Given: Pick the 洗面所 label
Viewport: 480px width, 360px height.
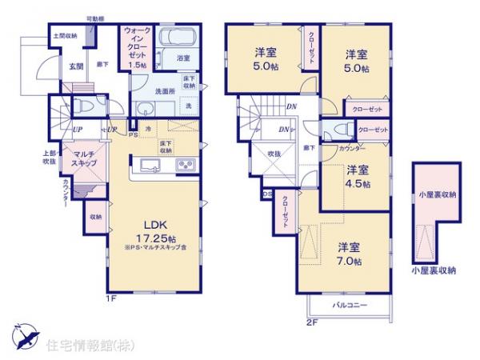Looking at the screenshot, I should pyautogui.click(x=166, y=91).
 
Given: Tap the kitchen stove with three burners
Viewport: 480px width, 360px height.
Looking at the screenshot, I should pyautogui.click(x=185, y=166).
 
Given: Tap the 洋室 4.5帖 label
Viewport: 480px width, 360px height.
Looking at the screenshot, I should pyautogui.click(x=358, y=176).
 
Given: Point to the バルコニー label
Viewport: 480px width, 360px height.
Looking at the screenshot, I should pyautogui.click(x=347, y=307).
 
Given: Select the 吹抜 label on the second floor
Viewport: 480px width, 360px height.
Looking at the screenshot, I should pyautogui.click(x=275, y=153).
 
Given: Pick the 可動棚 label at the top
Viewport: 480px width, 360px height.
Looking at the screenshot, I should pyautogui.click(x=96, y=18).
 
